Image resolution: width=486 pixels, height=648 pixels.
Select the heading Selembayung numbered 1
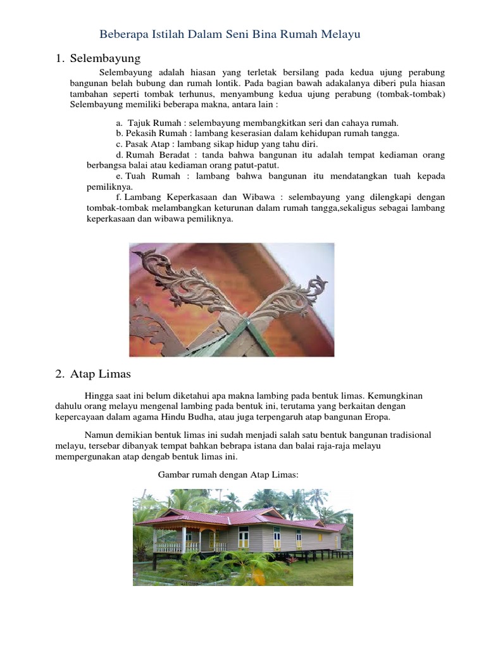coord(105,59)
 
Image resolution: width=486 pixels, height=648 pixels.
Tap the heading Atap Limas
coord(101,374)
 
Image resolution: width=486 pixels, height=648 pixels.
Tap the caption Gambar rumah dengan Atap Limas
coord(226,474)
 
